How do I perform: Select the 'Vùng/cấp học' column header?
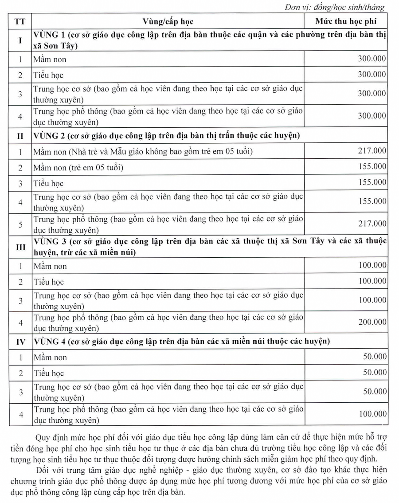click(x=168, y=21)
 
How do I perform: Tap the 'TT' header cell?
click(x=20, y=21)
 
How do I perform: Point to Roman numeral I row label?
click(x=20, y=40)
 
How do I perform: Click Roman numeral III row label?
click(x=20, y=247)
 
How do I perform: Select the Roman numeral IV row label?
click(x=20, y=342)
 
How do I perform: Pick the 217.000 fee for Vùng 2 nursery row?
click(x=372, y=151)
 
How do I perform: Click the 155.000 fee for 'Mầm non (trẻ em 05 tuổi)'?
click(x=372, y=167)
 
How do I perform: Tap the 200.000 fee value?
click(x=372, y=322)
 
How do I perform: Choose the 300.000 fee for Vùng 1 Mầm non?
click(x=372, y=58)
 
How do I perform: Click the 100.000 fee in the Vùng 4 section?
click(x=372, y=414)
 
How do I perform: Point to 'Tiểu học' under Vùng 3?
click(x=49, y=282)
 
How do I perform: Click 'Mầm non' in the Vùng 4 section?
click(x=50, y=358)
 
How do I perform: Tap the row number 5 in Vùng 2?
click(x=20, y=224)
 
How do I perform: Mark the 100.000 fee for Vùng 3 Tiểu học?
click(x=372, y=281)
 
